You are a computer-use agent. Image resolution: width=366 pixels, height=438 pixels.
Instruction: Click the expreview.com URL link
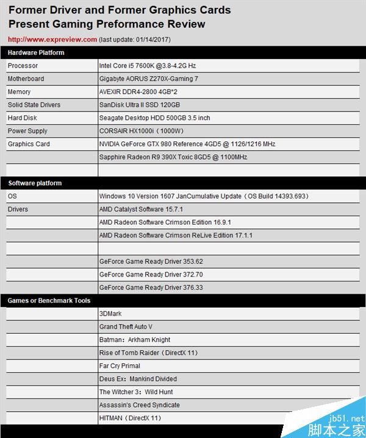point(52,40)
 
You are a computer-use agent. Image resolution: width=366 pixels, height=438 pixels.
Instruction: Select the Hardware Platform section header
point(36,53)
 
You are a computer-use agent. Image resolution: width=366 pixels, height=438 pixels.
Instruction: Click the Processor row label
point(23,66)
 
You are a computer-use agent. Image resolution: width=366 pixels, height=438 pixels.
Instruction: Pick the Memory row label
point(19,92)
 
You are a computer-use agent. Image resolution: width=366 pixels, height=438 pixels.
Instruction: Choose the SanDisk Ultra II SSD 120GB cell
point(140,105)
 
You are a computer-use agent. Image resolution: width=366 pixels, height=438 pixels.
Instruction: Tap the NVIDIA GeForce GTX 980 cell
point(187,144)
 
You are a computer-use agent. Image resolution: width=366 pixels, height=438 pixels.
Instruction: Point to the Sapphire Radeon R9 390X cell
point(173,157)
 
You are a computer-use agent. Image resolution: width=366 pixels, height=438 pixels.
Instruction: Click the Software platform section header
point(35,183)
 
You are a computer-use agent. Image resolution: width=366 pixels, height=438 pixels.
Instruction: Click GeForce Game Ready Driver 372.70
point(151,275)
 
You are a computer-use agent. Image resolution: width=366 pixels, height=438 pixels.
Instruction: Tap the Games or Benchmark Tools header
point(49,301)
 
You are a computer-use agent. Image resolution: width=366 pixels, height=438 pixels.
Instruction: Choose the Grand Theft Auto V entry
point(126,327)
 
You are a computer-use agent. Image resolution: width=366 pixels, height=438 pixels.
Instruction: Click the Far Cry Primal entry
point(120,366)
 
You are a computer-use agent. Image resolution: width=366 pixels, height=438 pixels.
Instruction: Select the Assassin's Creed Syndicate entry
point(139,405)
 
